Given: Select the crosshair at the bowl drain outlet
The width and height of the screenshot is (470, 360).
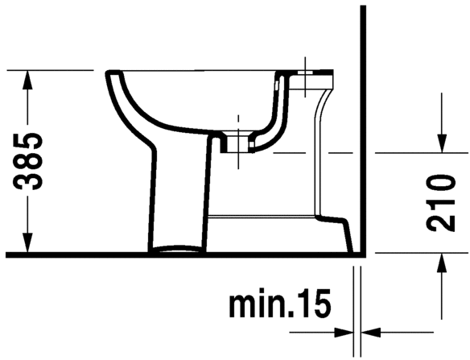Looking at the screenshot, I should pyautogui.click(x=238, y=133).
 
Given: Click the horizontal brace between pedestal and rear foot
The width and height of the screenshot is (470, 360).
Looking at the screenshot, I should pyautogui.click(x=262, y=215).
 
